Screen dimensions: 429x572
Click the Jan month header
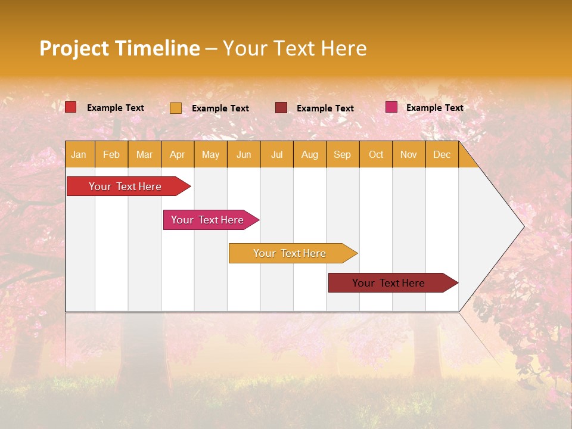coord(79,154)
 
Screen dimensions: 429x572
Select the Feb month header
coord(111,154)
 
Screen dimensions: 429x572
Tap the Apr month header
coord(178,154)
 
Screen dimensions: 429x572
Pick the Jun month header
coord(244,154)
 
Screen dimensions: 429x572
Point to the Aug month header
coord(310,154)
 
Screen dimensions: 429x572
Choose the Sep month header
coord(343,154)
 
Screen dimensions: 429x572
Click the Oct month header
coord(376,154)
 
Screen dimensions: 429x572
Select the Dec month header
coord(442,154)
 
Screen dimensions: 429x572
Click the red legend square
coord(71,107)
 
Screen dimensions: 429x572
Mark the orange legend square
coord(176,108)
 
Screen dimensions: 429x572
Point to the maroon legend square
coord(281,108)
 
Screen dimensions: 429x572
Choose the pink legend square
coord(391,107)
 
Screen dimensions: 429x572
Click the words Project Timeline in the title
coord(120,48)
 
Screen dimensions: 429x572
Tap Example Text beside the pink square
coord(435,108)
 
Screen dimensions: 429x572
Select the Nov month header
coord(409,154)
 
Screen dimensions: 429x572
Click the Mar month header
coord(144,154)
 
